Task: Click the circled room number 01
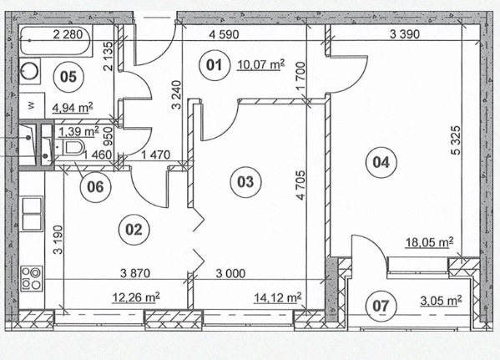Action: tap(214, 65)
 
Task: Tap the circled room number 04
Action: tap(381, 162)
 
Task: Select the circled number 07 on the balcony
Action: tap(381, 306)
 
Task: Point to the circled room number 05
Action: tap(68, 77)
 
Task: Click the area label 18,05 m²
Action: tap(429, 242)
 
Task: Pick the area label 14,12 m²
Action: tap(277, 297)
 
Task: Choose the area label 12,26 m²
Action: tap(136, 297)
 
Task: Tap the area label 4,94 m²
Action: tap(73, 108)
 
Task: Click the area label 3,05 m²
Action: tap(441, 301)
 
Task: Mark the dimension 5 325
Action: tap(457, 140)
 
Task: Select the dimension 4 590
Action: tap(224, 34)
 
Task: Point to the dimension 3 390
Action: tap(405, 34)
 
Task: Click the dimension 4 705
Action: tap(301, 185)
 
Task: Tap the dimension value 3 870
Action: tap(135, 273)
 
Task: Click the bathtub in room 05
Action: tap(56, 41)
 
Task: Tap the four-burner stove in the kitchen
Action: tap(32, 279)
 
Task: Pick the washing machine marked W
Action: tap(32, 105)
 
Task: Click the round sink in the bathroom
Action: tap(30, 71)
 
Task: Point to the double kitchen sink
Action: tap(32, 214)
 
